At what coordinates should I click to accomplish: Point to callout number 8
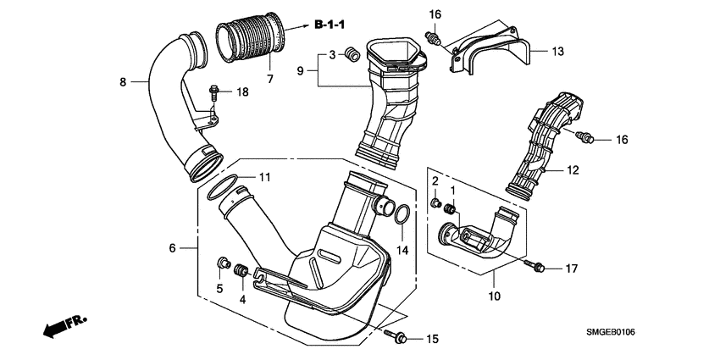click(123, 82)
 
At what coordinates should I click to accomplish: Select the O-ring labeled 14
click(403, 213)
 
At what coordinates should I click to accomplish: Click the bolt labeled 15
click(399, 338)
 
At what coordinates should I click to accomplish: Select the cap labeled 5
click(224, 263)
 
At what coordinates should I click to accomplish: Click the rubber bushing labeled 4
click(241, 271)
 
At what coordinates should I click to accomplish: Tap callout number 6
click(174, 247)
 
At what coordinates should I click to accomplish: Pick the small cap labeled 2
click(435, 204)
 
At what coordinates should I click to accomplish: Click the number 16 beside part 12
click(621, 139)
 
